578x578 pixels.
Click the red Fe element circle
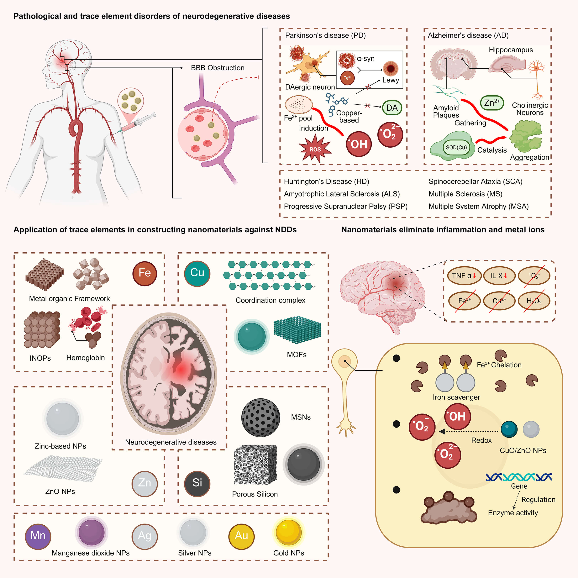tap(144, 273)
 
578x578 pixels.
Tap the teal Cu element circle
tap(197, 273)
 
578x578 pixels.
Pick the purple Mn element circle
tap(38, 536)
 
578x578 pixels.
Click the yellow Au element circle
tap(241, 536)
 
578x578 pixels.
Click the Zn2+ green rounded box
tap(492, 103)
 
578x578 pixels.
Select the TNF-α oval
tap(464, 276)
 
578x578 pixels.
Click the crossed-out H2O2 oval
tap(534, 301)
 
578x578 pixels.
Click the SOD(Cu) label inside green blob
tap(456, 148)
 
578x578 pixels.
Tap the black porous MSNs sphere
tap(260, 418)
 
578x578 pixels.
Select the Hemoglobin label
tap(86, 358)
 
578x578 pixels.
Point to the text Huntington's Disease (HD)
tap(326, 182)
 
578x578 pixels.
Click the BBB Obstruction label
tap(218, 68)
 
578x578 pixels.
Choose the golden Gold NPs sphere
tap(288, 532)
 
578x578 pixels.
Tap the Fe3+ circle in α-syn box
tap(347, 78)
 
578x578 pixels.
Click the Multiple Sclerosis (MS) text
tap(465, 194)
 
